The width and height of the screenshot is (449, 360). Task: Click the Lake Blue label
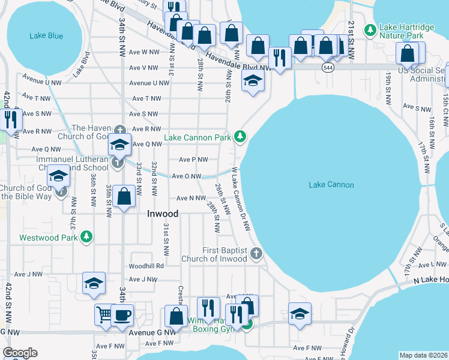pos(46,36)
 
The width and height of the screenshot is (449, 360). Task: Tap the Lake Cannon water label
pos(331,185)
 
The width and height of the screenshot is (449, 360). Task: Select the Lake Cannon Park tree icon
pos(240,137)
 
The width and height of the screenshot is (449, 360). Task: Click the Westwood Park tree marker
pos(87,237)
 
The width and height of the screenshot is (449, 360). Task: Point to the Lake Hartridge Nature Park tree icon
pos(371,29)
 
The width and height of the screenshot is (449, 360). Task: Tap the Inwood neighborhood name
pos(163,213)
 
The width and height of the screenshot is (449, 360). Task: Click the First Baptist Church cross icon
pos(256,253)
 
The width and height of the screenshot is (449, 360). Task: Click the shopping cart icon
pos(104,314)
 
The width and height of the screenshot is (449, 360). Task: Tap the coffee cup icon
pos(122,314)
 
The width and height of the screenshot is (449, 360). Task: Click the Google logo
pos(20,352)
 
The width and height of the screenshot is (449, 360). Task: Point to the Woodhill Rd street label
pos(146,266)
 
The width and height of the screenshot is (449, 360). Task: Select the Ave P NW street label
pos(193,160)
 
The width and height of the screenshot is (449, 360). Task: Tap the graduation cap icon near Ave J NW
pos(94,283)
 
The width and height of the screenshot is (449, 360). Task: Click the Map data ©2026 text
pos(423,355)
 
